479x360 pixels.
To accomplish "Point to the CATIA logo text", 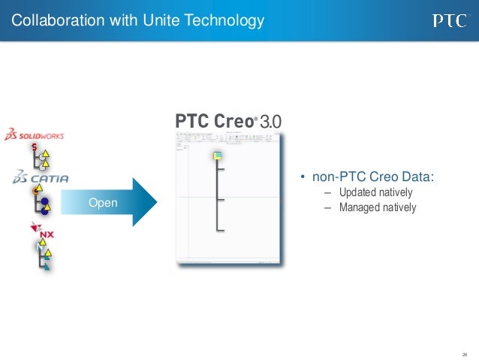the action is click(x=41, y=178).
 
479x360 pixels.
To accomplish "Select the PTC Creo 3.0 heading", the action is click(x=229, y=122).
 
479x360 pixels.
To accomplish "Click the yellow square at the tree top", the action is click(x=216, y=156).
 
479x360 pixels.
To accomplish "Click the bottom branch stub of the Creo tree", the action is click(x=221, y=228).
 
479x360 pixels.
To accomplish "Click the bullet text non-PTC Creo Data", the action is click(x=372, y=177).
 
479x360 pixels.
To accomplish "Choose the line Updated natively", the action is click(x=375, y=192).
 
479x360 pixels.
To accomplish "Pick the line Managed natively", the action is click(x=377, y=207).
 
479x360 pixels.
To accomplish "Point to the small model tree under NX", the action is click(x=42, y=256).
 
